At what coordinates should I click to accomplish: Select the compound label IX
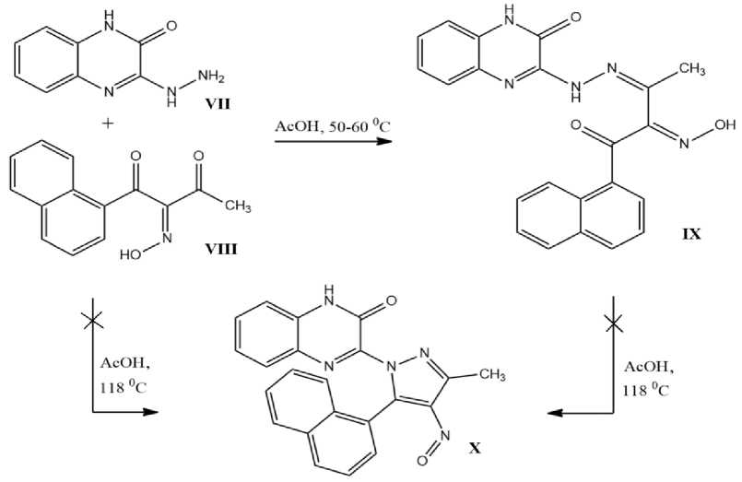(689, 234)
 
